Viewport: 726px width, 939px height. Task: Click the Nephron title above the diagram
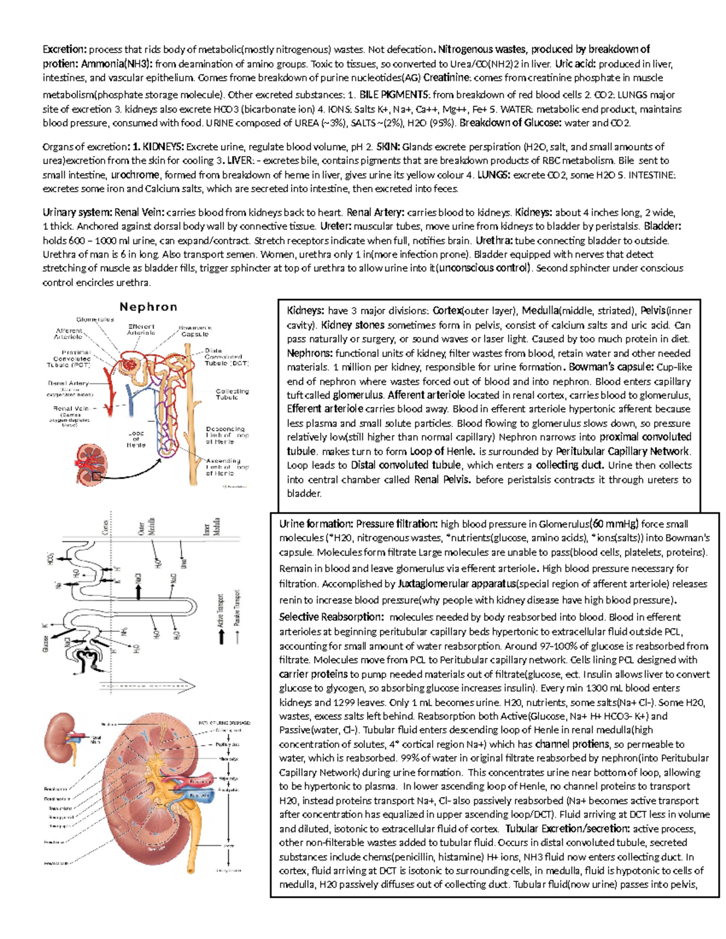click(148, 307)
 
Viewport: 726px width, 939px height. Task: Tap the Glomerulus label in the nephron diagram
click(95, 319)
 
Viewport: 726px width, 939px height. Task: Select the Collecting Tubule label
click(232, 394)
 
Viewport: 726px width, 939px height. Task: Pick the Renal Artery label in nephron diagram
click(68, 383)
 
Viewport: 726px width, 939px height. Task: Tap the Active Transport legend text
click(221, 609)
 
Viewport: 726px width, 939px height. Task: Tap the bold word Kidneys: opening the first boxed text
click(306, 311)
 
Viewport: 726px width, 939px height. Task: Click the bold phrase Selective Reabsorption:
click(331, 617)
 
